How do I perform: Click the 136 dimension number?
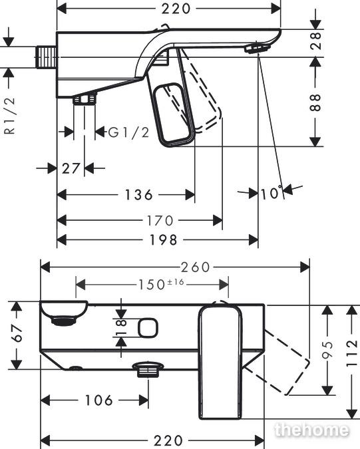pos(138,195)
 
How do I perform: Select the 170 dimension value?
pos(160,221)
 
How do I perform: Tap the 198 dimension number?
pos(164,240)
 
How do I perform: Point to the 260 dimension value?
pos(196,267)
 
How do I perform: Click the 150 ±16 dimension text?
pos(161,284)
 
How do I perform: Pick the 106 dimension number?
pos(98,400)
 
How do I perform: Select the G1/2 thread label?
pos(128,132)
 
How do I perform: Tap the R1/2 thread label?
pos(10,115)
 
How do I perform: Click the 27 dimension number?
pos(71,169)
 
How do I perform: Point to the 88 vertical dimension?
pos(315,102)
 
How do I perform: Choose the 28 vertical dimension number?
pos(315,41)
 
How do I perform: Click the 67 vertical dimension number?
pos(18,333)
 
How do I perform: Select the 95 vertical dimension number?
pos(327,349)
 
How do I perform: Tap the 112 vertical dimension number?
pos(352,353)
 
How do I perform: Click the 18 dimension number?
pos(122,327)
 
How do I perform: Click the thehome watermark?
pos(312,430)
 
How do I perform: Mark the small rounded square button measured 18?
pos(148,327)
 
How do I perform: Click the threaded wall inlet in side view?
pos(46,57)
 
